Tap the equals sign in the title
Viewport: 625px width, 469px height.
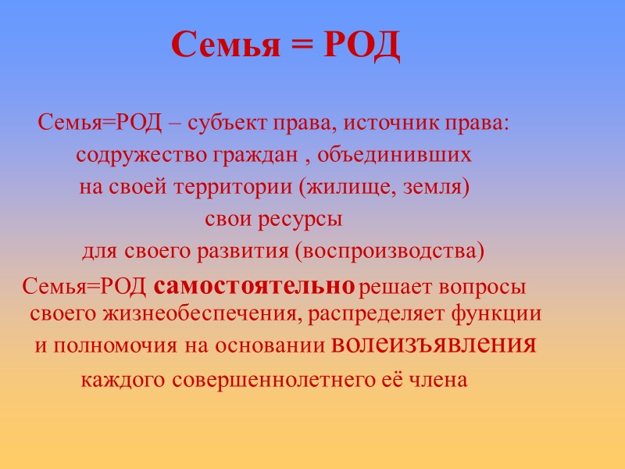(301, 47)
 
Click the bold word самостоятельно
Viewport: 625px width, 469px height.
(255, 287)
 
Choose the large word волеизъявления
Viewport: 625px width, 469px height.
(434, 344)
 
